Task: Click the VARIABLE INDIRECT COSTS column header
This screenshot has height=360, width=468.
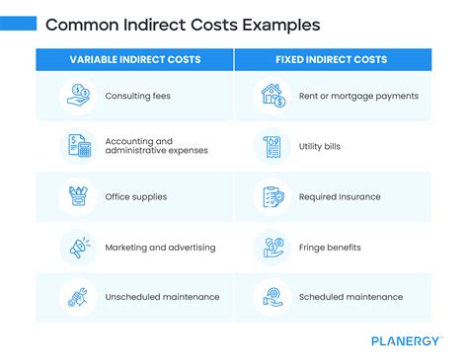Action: (x=135, y=60)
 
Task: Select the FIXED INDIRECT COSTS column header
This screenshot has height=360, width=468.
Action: (x=333, y=60)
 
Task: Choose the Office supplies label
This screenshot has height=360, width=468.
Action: (x=136, y=196)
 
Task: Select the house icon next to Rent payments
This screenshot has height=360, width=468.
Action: (x=273, y=96)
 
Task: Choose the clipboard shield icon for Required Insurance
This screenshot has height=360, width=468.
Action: (x=273, y=196)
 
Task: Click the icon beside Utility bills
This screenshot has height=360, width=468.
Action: (x=273, y=145)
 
